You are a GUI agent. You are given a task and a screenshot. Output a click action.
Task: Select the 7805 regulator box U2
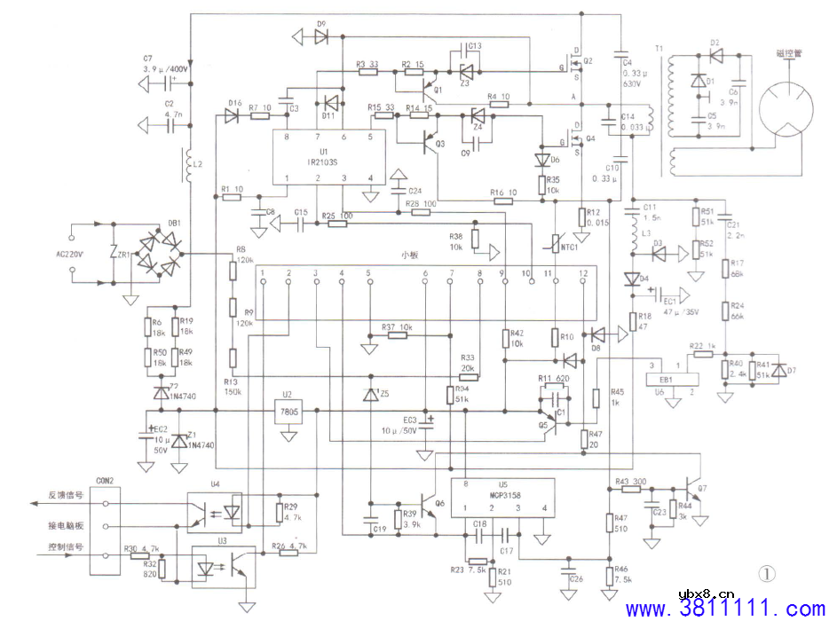pyautogui.click(x=288, y=413)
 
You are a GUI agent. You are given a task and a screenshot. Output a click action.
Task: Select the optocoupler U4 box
pyautogui.click(x=218, y=512)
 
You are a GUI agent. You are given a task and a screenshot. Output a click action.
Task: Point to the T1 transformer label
pyautogui.click(x=658, y=48)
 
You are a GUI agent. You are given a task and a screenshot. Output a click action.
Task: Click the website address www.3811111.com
pyautogui.click(x=725, y=609)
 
